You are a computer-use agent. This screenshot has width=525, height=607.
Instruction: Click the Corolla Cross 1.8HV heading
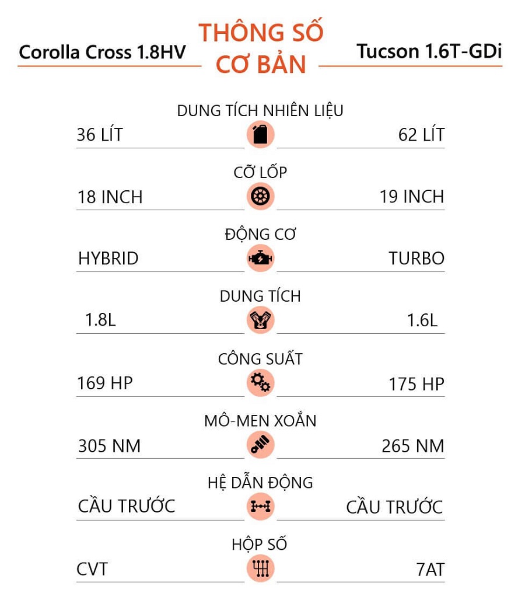pos(102,52)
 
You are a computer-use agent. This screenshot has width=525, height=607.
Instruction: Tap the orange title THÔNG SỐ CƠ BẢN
pos(261,48)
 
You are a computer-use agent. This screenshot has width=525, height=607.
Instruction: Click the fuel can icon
pos(260,134)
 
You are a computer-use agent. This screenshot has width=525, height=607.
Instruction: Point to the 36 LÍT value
pos(100,135)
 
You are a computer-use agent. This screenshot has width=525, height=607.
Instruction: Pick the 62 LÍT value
pos(421,135)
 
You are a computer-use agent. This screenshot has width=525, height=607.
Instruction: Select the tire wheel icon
pos(260,196)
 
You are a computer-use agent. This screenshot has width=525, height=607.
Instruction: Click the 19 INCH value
pos(412,197)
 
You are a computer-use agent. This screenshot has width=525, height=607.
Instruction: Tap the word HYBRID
pos(108,259)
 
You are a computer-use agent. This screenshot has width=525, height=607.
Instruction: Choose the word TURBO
pos(416,259)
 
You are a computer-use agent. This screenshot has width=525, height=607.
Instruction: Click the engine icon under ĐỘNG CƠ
pos(260,258)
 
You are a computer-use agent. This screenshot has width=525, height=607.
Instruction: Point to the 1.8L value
pos(100,320)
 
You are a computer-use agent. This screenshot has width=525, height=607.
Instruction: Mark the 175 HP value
pos(416,384)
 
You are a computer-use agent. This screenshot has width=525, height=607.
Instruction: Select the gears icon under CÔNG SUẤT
pos(260,383)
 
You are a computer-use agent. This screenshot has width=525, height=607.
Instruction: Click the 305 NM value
pos(110,446)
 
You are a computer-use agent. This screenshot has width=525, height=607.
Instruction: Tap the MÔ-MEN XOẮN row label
pos(260,421)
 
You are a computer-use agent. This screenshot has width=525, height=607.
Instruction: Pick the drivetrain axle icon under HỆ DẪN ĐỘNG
pos(260,507)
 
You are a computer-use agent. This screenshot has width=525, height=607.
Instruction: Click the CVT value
pos(92,569)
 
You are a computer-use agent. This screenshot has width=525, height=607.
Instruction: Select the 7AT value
pos(430,570)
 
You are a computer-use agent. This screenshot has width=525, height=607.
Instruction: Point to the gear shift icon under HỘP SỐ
pos(260,568)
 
